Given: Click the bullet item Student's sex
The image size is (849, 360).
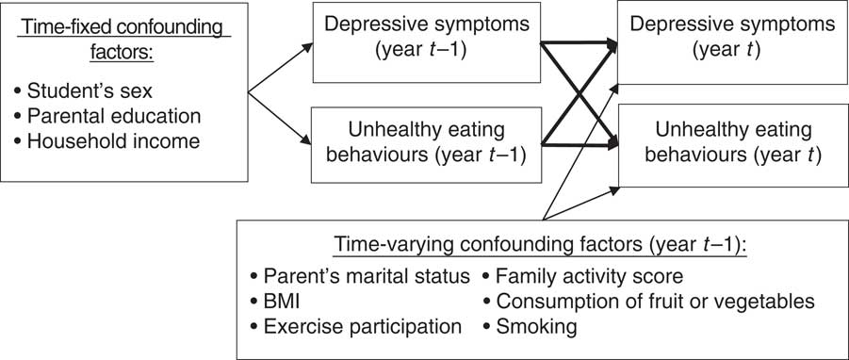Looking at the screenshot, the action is coord(83,91).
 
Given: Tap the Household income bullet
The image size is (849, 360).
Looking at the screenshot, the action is coord(107,141).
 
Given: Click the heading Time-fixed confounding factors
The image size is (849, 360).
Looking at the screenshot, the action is coord(124,41).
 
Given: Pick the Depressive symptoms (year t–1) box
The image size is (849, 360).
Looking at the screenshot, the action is coord(427,42).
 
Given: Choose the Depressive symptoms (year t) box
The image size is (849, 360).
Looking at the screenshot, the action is coord(732,42).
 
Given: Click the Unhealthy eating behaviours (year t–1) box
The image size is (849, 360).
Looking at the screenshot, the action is coord(427,144).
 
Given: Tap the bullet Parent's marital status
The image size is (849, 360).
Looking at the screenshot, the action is coord(360,277).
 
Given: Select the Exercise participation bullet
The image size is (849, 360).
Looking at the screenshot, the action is coord(356,327).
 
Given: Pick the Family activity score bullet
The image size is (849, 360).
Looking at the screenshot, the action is coord(582,277).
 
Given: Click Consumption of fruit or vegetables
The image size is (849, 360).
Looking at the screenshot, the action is coord(648,302).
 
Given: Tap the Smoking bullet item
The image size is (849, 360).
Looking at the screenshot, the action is coord(530,327).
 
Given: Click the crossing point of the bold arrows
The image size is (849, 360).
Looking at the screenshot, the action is coord(580,93).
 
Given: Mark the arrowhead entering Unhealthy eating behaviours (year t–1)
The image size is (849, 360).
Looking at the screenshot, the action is coord(306,140).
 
